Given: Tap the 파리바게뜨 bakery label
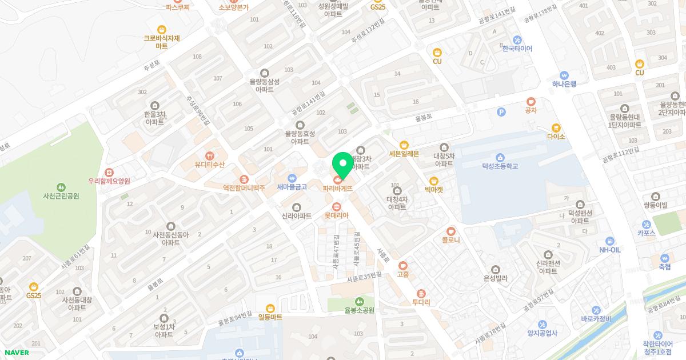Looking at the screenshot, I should [x=337, y=188].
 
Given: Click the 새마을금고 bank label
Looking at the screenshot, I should [x=292, y=186].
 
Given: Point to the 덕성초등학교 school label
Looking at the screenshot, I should [x=500, y=166].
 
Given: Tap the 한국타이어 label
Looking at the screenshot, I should [x=517, y=49].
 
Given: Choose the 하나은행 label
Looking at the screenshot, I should [x=564, y=83].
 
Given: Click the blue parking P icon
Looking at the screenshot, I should [x=501, y=112].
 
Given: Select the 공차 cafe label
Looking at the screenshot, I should [x=531, y=110].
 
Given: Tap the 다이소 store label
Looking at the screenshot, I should [x=556, y=137].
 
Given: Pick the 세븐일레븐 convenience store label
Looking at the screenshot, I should [x=404, y=153].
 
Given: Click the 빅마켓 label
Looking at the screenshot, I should [x=434, y=189].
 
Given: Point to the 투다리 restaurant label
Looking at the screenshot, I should [x=421, y=302].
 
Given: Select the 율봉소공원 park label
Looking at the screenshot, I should [x=359, y=310].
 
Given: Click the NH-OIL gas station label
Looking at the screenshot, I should [x=609, y=250].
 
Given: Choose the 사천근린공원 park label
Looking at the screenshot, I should [x=61, y=195].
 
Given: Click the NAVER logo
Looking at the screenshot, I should [x=17, y=353].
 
